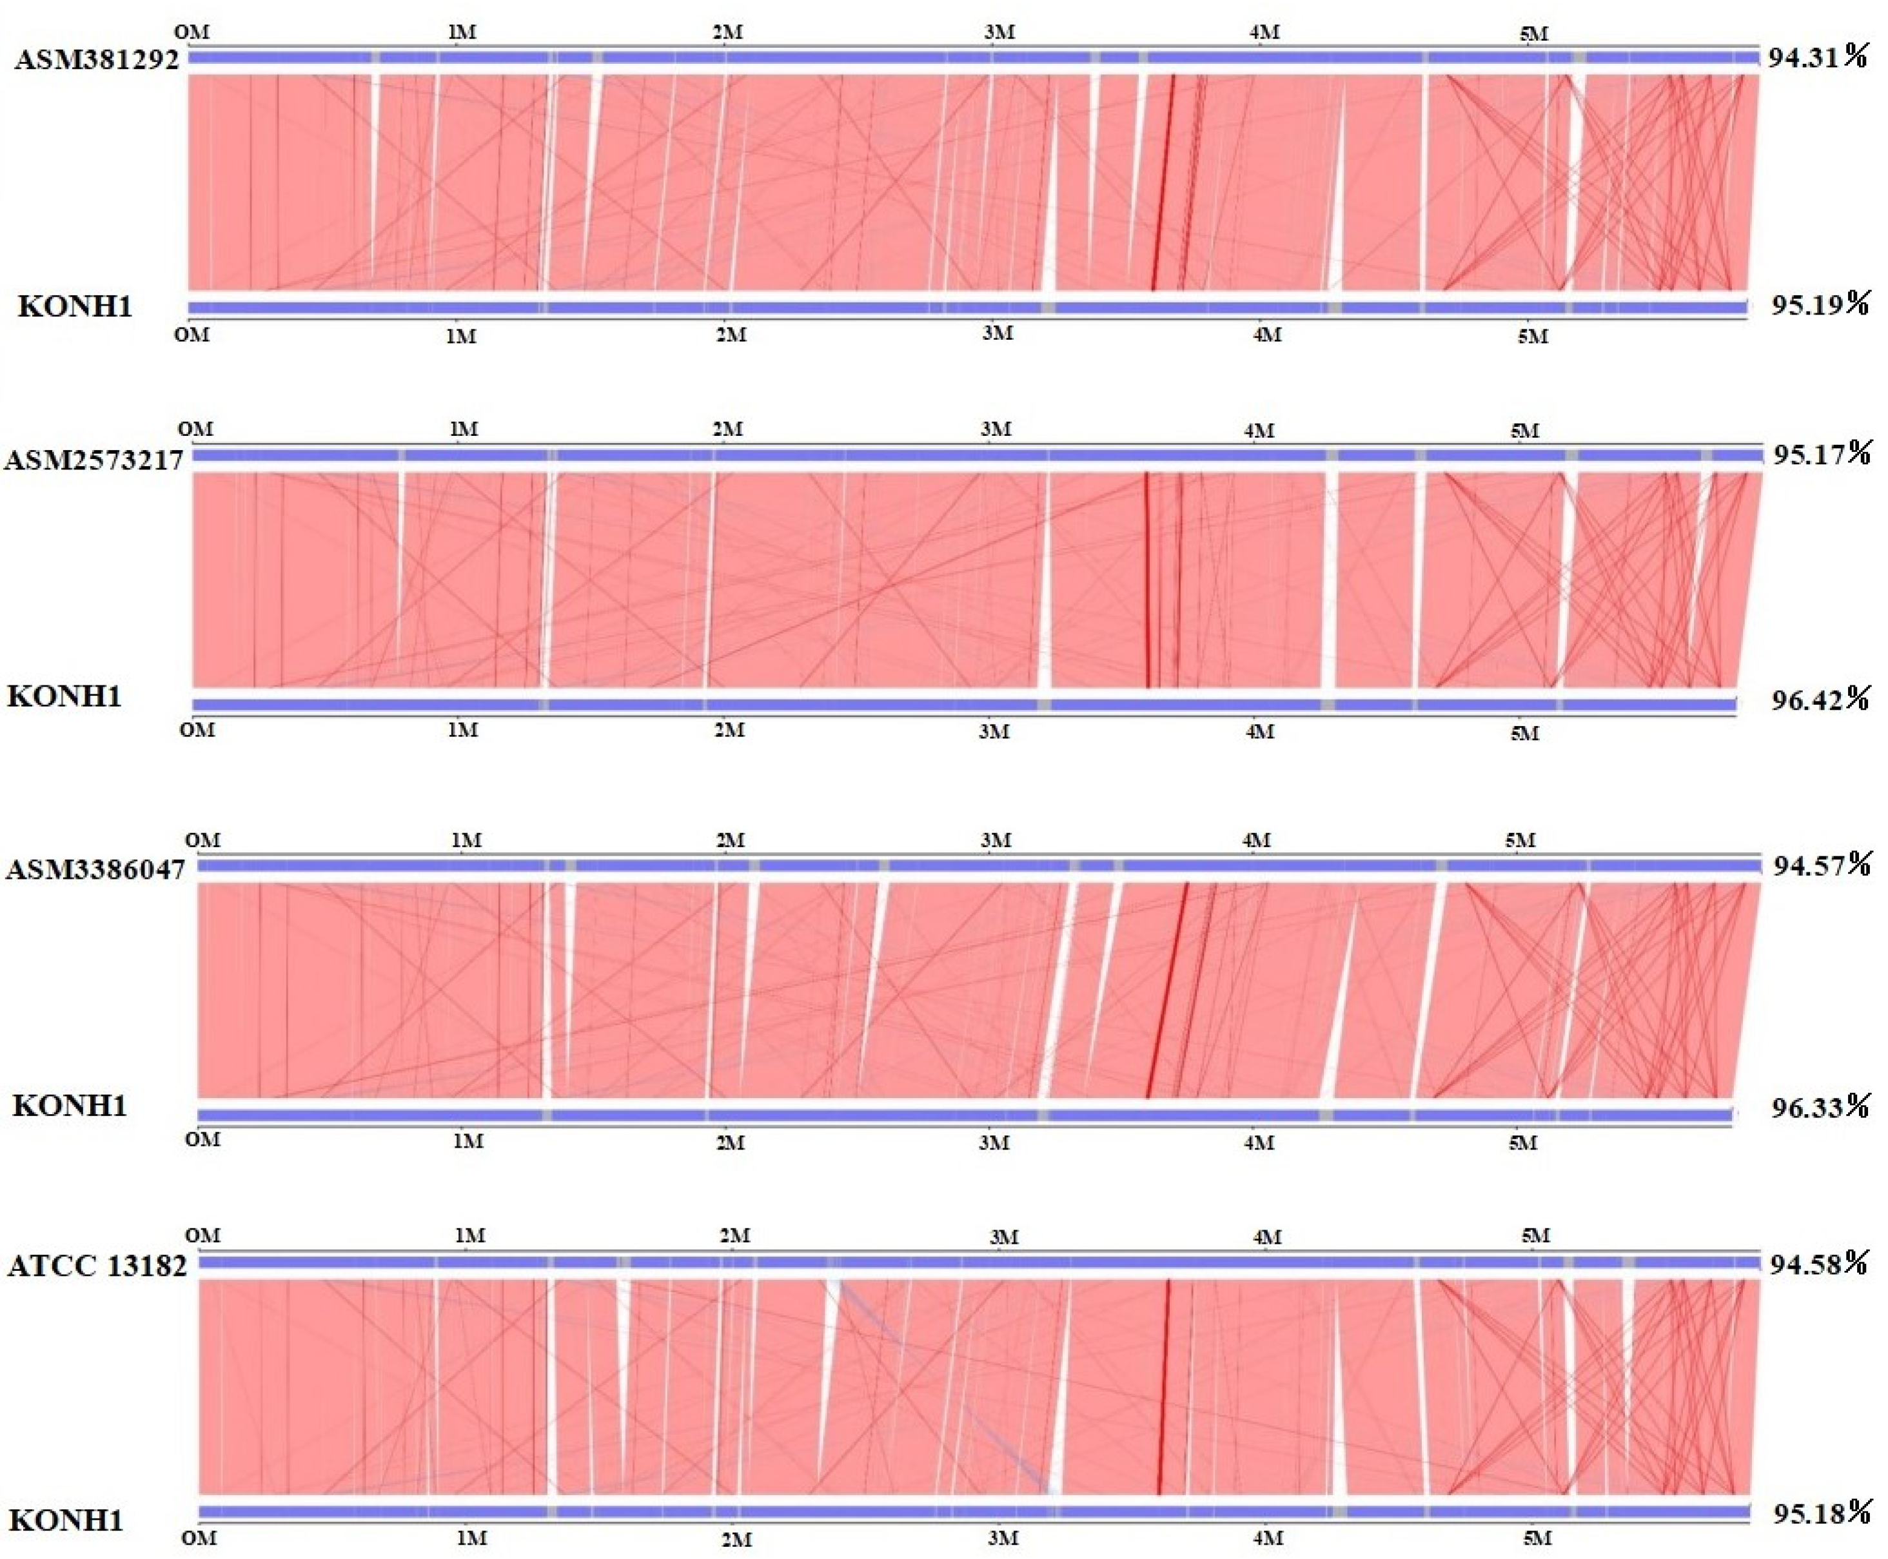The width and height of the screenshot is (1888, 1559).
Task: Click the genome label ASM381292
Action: click(97, 59)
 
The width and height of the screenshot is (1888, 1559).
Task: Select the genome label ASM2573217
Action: click(94, 460)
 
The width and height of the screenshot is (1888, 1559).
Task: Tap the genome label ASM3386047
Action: click(96, 869)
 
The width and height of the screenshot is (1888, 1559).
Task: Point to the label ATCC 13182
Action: click(97, 1266)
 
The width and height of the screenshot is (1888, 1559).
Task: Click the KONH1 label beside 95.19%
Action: click(75, 307)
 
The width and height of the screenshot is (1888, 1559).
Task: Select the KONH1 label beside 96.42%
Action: click(64, 697)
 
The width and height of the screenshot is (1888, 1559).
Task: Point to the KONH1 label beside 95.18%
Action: click(66, 1520)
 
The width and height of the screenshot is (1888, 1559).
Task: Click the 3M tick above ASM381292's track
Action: click(999, 32)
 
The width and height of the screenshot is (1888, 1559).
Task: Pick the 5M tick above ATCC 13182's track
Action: click(1536, 1236)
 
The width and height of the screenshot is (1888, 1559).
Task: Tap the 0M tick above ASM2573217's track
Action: click(196, 429)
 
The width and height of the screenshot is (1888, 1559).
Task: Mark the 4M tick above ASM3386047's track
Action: click(1255, 841)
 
